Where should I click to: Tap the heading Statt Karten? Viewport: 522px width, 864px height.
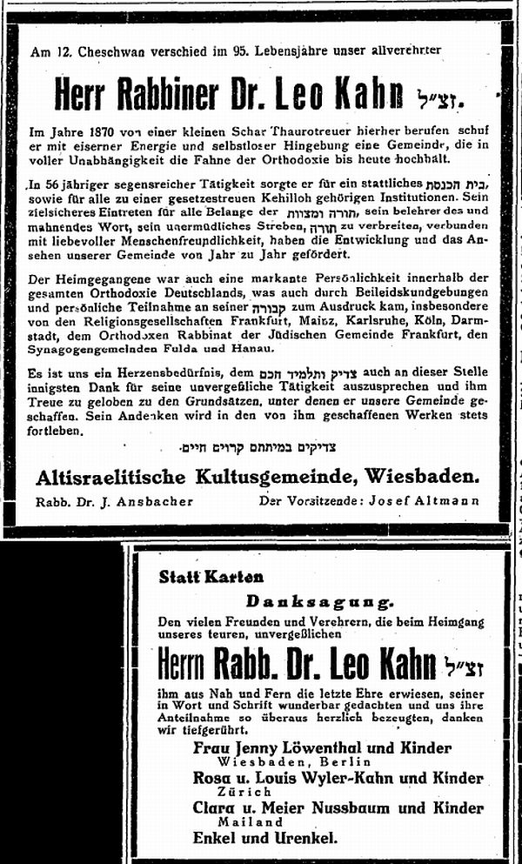(211, 576)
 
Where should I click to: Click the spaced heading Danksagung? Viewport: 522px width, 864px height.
(318, 601)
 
